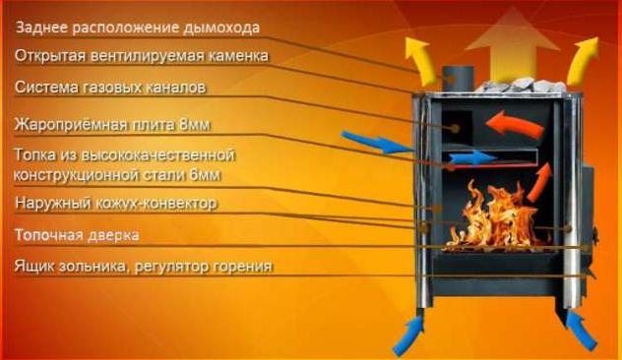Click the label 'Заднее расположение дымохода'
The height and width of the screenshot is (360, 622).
point(138,28)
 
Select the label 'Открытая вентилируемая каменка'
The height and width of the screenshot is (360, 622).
point(142,56)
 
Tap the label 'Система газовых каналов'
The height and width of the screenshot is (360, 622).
point(110,88)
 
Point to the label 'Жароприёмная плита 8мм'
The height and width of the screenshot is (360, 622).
point(112,125)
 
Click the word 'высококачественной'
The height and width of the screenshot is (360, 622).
point(158,154)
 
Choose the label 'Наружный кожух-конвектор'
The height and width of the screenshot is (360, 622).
point(116,204)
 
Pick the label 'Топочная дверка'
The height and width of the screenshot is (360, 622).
point(77,235)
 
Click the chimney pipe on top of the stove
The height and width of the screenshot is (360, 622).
point(459,79)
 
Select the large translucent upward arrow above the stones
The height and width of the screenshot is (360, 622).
point(513,43)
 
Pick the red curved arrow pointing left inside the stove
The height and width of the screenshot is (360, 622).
point(515,124)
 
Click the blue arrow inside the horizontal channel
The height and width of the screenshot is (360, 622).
point(473,158)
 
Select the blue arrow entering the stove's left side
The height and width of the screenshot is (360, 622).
point(376,143)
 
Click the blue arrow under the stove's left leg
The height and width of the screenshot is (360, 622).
point(408,335)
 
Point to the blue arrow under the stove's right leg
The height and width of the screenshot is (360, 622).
point(581,331)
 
